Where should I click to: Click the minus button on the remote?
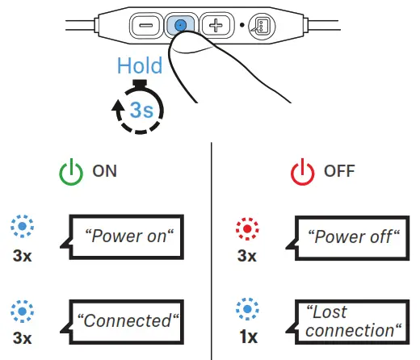tap(146, 25)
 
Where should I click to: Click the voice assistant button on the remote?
tap(260, 25)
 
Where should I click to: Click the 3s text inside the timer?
tap(142, 109)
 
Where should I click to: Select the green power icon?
tap(70, 173)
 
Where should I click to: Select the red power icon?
tap(302, 173)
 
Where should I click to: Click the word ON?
tap(105, 173)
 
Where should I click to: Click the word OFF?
tap(339, 173)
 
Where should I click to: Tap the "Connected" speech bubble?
tap(128, 320)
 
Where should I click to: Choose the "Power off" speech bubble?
tap(353, 237)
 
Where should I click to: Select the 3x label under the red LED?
tap(246, 256)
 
